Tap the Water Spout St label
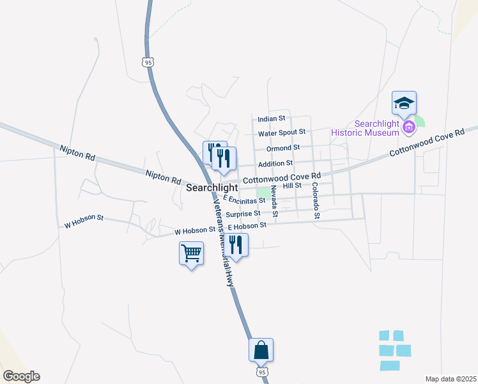click(282, 133)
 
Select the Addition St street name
click(275, 164)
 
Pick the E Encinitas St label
click(243, 200)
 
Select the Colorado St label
click(315, 200)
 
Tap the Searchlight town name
click(212, 188)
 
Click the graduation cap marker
click(404, 103)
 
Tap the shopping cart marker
click(191, 253)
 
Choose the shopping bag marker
click(261, 350)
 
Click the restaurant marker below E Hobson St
click(235, 244)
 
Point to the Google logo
click(21, 376)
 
